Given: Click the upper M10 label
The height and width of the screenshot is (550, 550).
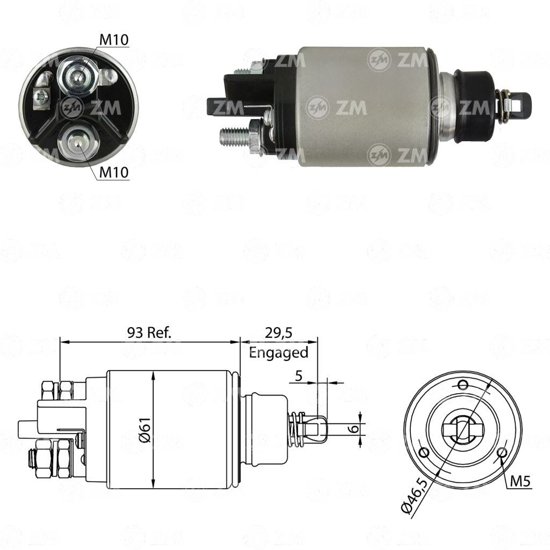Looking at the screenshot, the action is [x=114, y=40].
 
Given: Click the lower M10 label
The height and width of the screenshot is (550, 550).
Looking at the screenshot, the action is [x=114, y=172].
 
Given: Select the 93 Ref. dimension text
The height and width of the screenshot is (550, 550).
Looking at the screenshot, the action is [x=149, y=332].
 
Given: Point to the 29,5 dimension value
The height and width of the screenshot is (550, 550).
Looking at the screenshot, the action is [x=279, y=332].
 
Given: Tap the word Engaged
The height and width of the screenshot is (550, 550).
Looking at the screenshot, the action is [x=279, y=352].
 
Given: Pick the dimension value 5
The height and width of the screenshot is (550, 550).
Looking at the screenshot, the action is [x=299, y=376].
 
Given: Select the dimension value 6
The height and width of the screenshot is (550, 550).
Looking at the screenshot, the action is [x=355, y=428].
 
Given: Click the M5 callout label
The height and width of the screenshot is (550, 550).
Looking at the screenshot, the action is [x=520, y=481].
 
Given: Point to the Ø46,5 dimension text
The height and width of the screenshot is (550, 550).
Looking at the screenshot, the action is [x=415, y=497].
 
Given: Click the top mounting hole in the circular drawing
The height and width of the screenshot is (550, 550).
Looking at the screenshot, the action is [x=463, y=385].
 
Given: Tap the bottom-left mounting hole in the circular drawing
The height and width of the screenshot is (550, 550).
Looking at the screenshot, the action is [x=423, y=452].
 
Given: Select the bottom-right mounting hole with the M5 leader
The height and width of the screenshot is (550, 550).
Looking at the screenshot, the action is [x=502, y=452].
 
